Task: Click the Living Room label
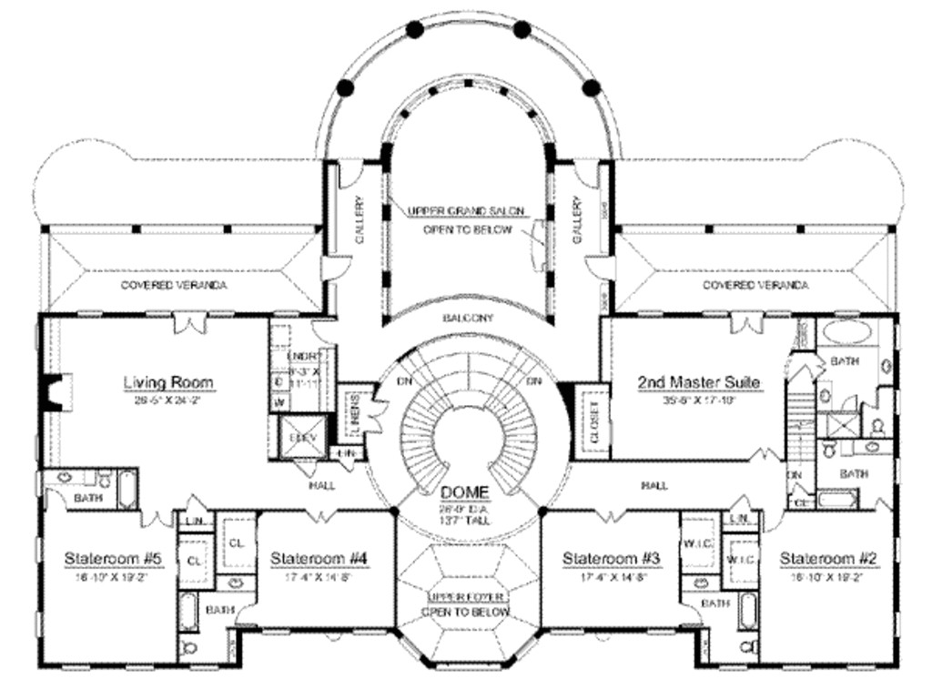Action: click(168, 382)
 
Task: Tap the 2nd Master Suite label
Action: click(698, 382)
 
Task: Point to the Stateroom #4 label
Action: click(319, 558)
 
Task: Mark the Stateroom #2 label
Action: click(828, 558)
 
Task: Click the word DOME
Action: click(465, 492)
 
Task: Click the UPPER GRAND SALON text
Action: click(465, 211)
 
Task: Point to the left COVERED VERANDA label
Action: click(174, 286)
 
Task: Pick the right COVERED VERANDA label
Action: click(755, 286)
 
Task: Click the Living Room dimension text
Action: click(168, 399)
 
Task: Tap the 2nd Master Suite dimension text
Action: click(698, 399)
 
